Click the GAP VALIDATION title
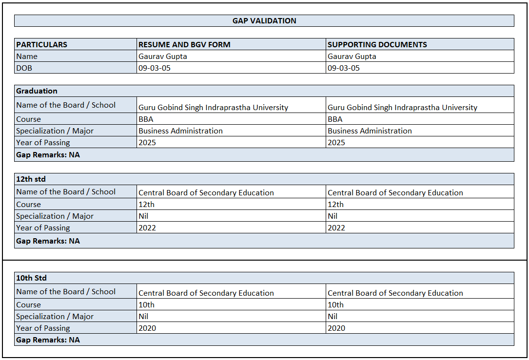[264, 21]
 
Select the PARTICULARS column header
[42, 44]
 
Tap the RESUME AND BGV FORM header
[184, 44]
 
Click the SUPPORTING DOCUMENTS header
[377, 44]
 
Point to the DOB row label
[24, 68]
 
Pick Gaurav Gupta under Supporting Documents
[352, 57]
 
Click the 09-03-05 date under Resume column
[155, 68]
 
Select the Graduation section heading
[37, 91]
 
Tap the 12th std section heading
[31, 179]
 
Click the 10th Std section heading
[31, 278]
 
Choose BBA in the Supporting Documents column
[335, 119]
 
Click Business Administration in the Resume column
[180, 131]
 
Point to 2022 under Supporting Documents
[336, 228]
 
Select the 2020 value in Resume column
[147, 328]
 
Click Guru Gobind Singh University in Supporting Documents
[402, 108]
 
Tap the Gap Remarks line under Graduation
[48, 155]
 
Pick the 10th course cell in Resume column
[146, 305]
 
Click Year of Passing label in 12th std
[43, 228]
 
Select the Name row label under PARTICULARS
[27, 57]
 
